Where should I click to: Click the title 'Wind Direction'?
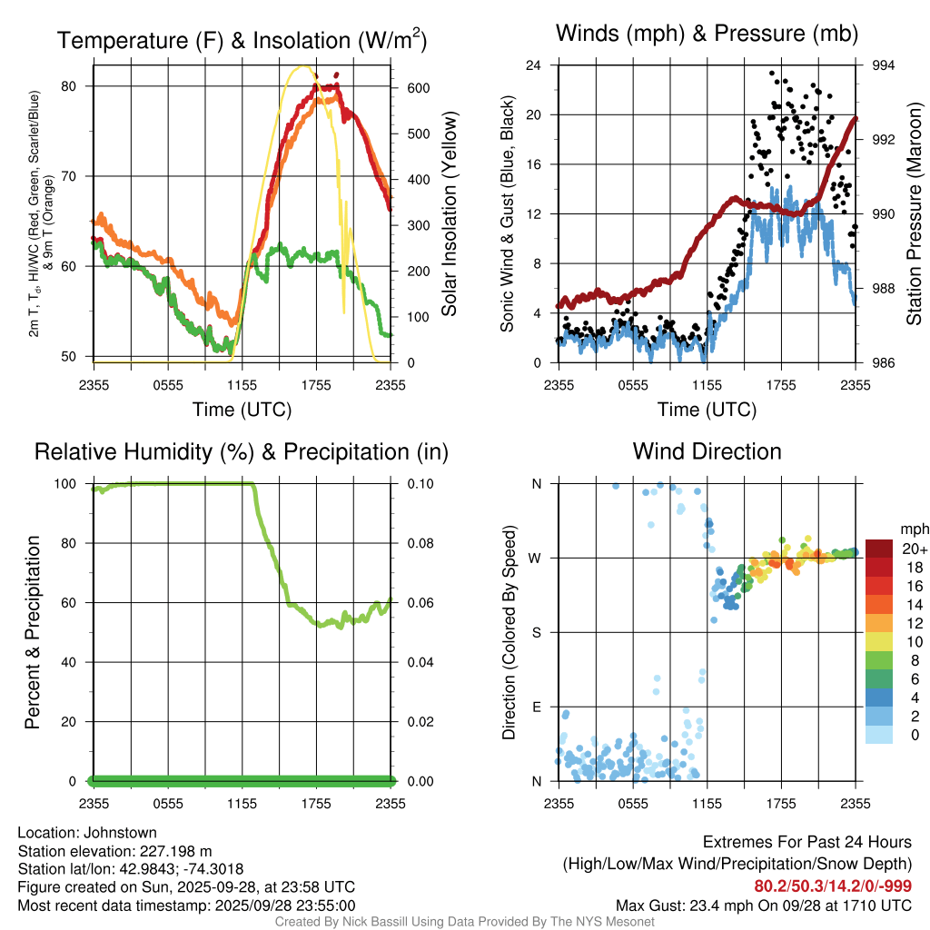pyautogui.click(x=707, y=451)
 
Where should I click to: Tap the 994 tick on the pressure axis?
pyautogui.click(x=884, y=65)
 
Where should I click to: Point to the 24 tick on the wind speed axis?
pyautogui.click(x=534, y=65)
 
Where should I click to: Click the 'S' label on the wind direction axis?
pyautogui.click(x=536, y=632)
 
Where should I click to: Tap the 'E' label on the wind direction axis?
pyautogui.click(x=536, y=707)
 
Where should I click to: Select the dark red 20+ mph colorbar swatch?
pyautogui.click(x=880, y=549)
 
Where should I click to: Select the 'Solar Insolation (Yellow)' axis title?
pyautogui.click(x=449, y=214)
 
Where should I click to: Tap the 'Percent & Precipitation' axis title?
pyautogui.click(x=33, y=632)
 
